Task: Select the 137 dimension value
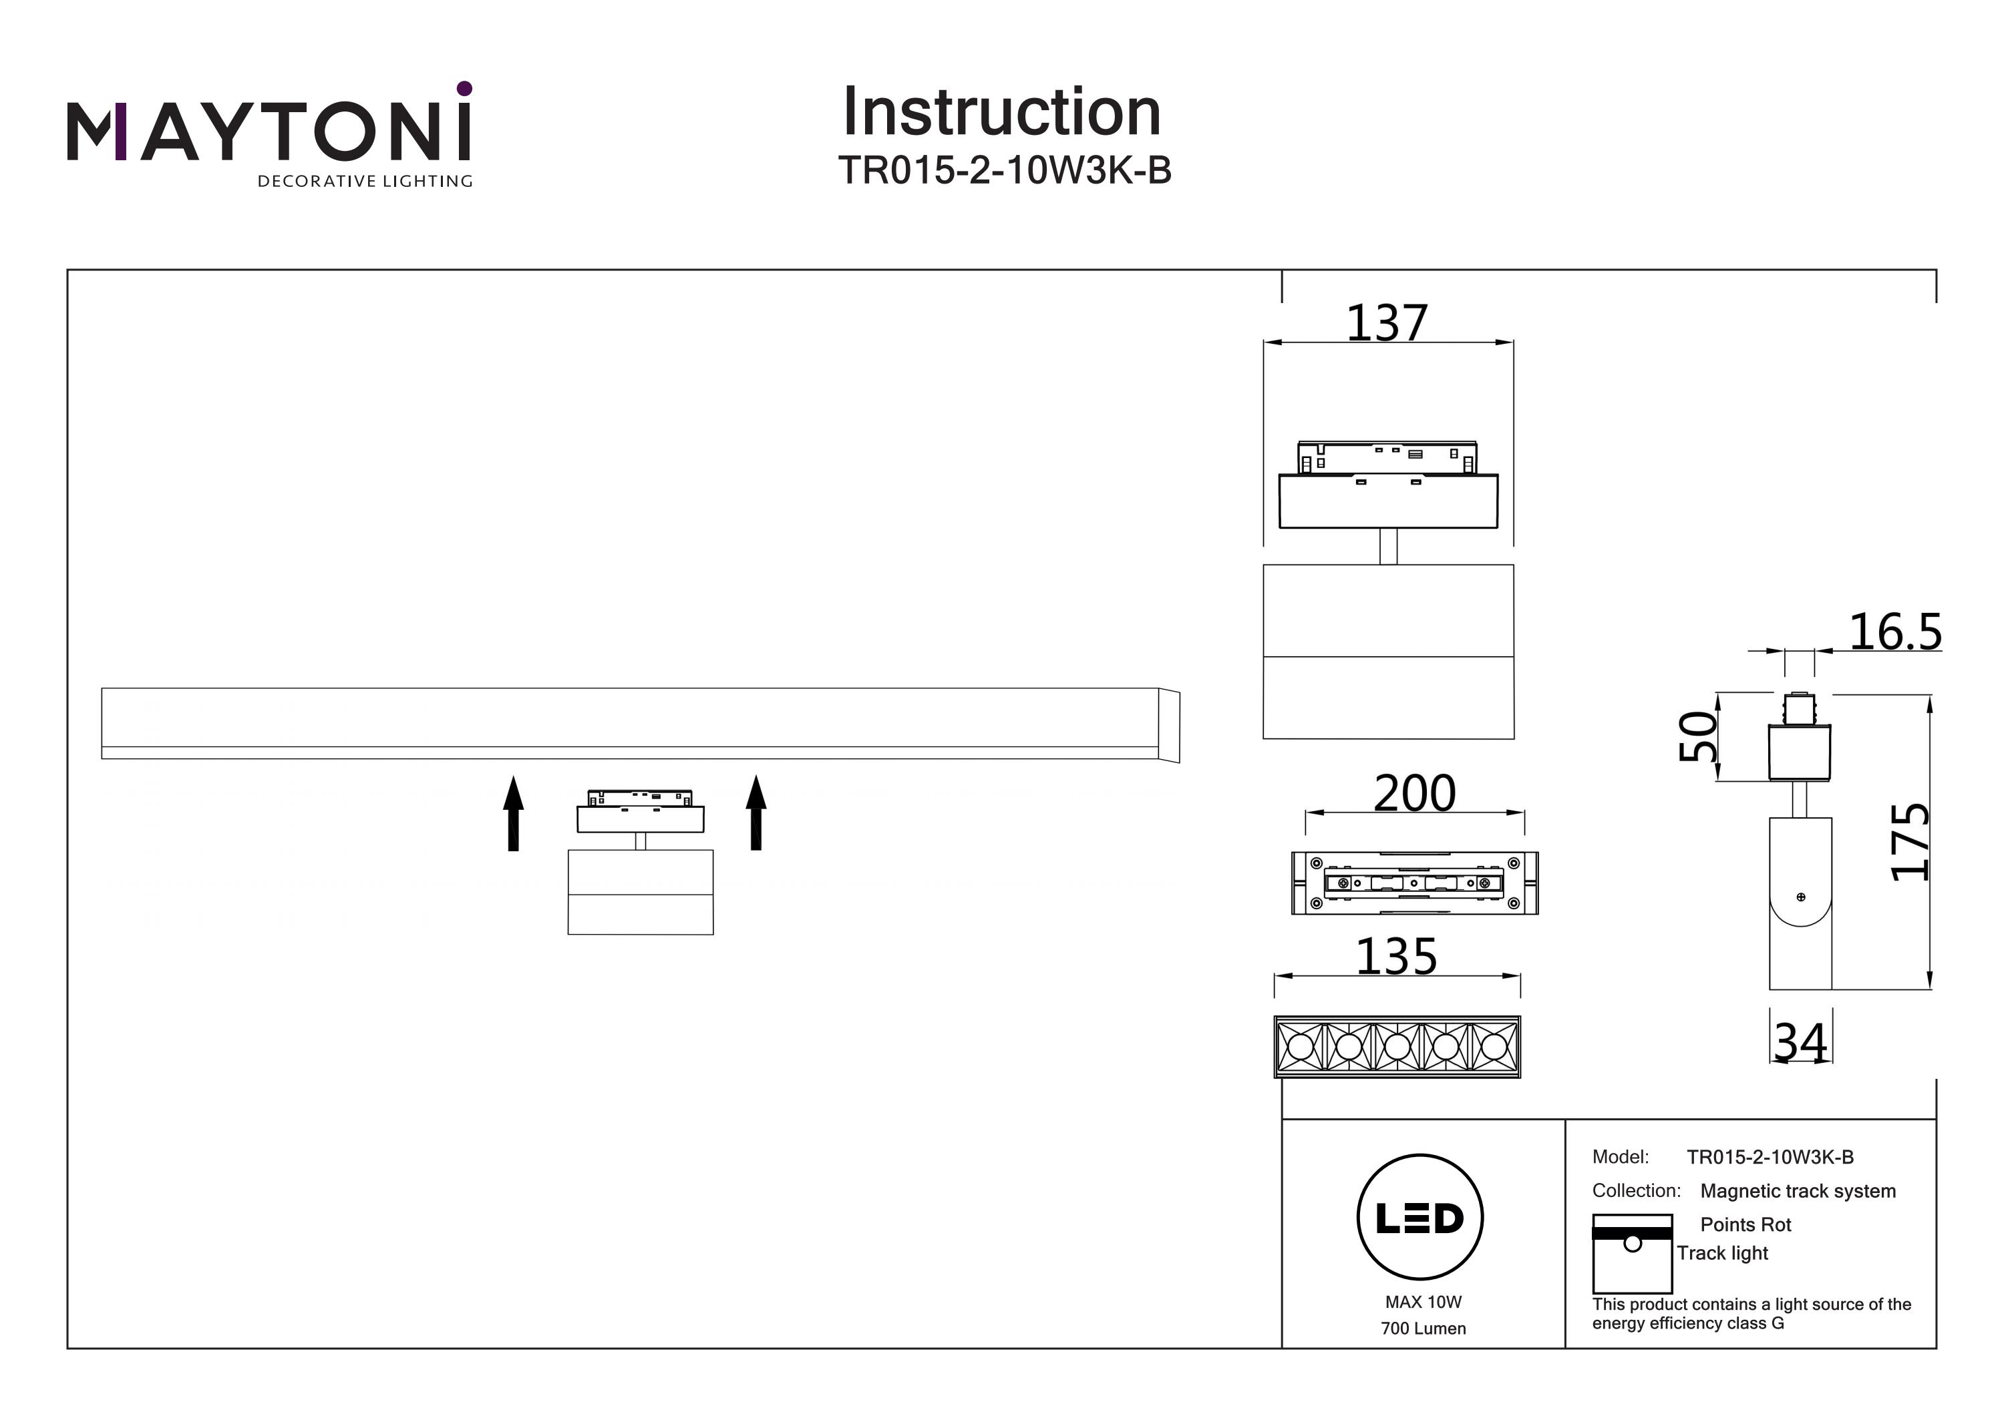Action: click(x=1387, y=323)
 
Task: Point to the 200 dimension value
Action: click(x=1415, y=793)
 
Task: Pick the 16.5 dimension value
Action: click(x=1896, y=632)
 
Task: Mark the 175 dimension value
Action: click(x=1910, y=842)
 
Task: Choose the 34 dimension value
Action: click(x=1801, y=1041)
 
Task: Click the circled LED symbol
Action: click(x=1420, y=1217)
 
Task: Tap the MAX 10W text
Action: click(x=1423, y=1302)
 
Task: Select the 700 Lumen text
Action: click(x=1423, y=1329)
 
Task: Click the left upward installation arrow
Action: click(x=513, y=812)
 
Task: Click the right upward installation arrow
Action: click(x=756, y=812)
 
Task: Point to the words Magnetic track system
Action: click(x=1798, y=1191)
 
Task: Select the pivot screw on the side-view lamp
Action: click(x=1801, y=897)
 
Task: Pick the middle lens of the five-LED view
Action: click(x=1397, y=1046)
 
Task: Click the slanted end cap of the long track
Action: click(x=1170, y=725)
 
